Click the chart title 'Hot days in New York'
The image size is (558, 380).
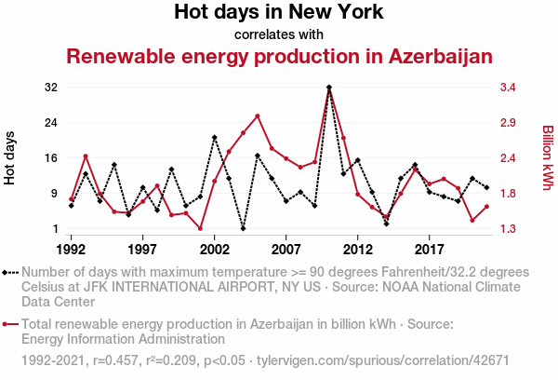[279, 13]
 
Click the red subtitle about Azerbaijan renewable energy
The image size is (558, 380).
[279, 57]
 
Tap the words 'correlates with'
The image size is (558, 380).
[279, 34]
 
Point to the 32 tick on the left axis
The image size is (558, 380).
[50, 88]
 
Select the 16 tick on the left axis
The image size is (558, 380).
[50, 158]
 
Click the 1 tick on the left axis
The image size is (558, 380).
[54, 229]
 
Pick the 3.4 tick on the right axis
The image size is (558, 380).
[510, 88]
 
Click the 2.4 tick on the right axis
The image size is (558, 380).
[510, 158]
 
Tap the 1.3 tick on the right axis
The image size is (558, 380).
[510, 229]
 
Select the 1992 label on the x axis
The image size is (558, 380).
[72, 250]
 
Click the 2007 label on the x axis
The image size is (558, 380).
[286, 250]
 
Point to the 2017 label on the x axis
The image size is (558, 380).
[430, 250]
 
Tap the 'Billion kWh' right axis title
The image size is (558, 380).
[548, 158]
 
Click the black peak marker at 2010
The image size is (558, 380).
[329, 88]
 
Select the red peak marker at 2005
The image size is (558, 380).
[258, 115]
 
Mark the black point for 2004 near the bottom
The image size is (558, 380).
[243, 228]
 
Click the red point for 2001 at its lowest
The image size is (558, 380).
[200, 228]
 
